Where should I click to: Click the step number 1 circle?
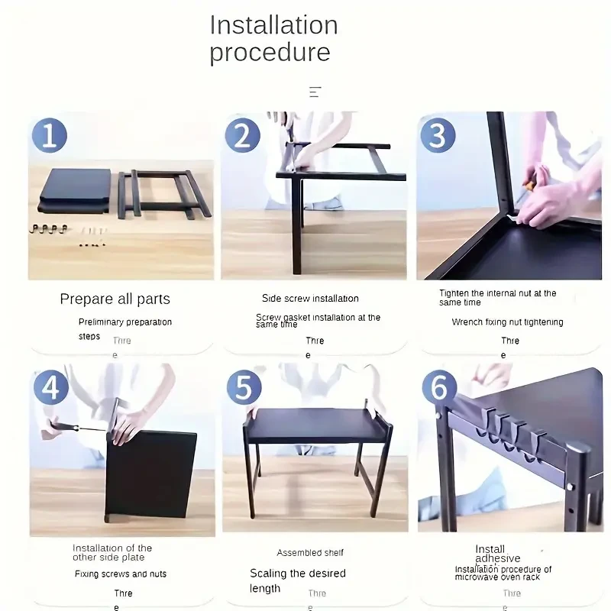point(49,136)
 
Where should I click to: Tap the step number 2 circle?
point(242,136)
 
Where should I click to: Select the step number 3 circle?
point(438,135)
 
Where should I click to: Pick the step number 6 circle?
point(439,387)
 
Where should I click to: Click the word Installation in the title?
point(273,25)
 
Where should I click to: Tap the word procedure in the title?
point(270,53)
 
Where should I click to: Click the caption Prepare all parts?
point(115,299)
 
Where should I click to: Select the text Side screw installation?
point(310,299)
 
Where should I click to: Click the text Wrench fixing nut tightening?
point(507,322)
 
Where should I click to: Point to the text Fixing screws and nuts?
point(120,574)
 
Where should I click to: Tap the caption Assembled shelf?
point(310,552)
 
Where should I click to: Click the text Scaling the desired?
point(298,573)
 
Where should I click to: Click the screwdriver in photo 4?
point(76,428)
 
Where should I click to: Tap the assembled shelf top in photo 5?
point(315,425)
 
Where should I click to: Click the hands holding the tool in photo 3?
point(546,199)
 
